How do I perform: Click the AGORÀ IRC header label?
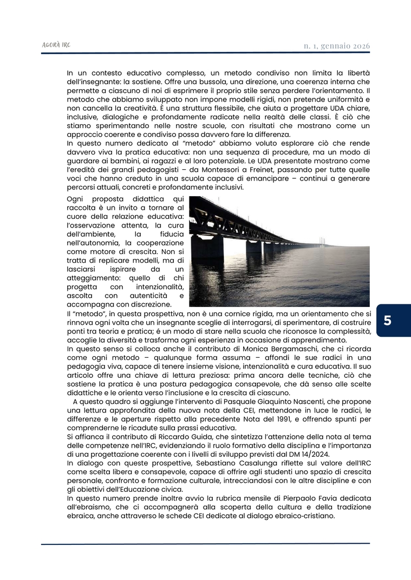click(x=56, y=45)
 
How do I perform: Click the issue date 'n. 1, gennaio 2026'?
click(x=336, y=46)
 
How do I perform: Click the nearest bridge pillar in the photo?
click(x=207, y=246)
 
